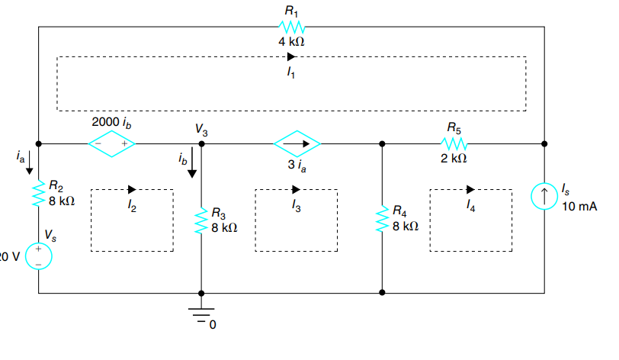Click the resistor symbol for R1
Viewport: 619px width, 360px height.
293,27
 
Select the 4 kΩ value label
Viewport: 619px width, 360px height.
292,41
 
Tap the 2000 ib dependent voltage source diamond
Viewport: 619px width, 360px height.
112,144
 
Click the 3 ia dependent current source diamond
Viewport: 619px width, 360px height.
297,143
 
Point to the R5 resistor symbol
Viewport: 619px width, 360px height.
454,143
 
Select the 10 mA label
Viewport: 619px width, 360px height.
579,207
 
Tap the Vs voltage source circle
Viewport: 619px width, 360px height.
38,257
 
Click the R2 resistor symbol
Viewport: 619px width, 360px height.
38,194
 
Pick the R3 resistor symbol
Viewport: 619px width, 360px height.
201,220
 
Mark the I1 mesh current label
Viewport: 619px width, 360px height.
290,72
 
